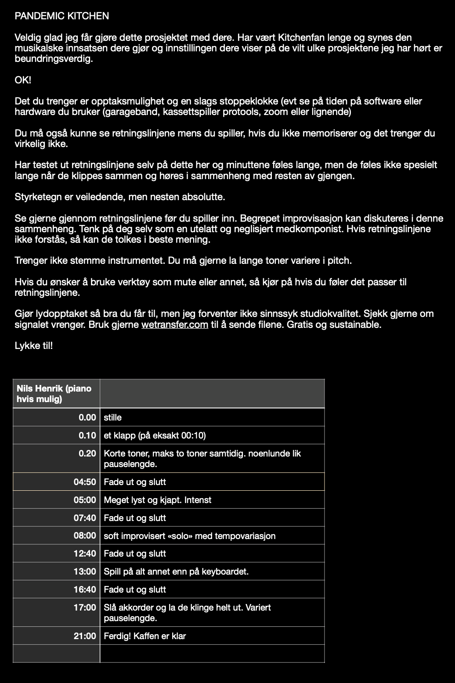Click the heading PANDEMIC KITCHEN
pos(61,16)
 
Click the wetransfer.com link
pos(174,325)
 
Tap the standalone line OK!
pos(23,80)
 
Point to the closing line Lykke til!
pos(33,346)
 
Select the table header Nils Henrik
pos(54,393)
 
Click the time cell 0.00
pos(87,417)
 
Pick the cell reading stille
pos(113,417)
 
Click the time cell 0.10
pos(87,435)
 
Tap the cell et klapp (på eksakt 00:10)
pos(155,435)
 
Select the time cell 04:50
pos(85,482)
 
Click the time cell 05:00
pos(85,500)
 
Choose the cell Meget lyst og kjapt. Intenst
pos(157,500)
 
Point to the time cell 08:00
pos(85,536)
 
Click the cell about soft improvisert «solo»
pos(189,536)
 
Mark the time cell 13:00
pos(85,572)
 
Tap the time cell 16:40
pos(85,590)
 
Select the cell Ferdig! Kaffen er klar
pos(144,636)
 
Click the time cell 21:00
pos(85,636)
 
